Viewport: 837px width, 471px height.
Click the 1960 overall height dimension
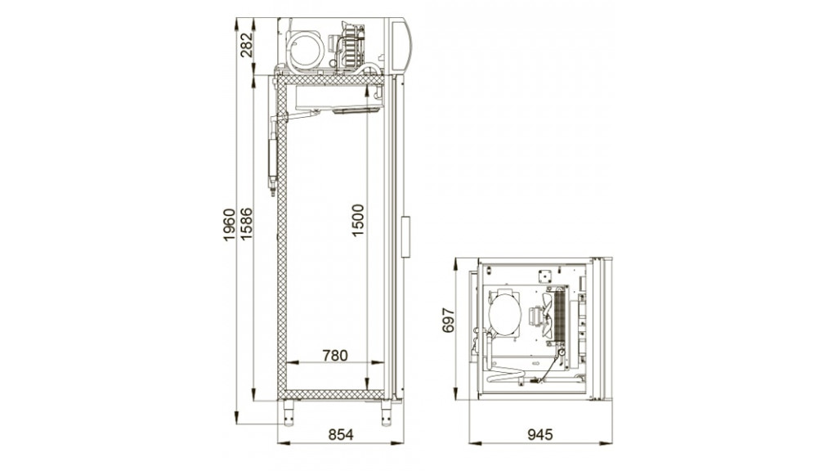click(229, 225)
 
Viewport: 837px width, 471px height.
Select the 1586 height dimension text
click(246, 224)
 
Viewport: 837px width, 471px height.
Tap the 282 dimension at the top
click(246, 45)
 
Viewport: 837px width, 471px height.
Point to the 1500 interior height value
click(358, 220)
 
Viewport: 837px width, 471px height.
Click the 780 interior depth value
click(334, 355)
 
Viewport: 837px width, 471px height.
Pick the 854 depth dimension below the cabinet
click(341, 435)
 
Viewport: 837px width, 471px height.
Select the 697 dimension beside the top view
click(449, 320)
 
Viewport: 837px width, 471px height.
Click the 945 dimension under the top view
click(540, 435)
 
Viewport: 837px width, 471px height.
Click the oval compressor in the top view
click(504, 315)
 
